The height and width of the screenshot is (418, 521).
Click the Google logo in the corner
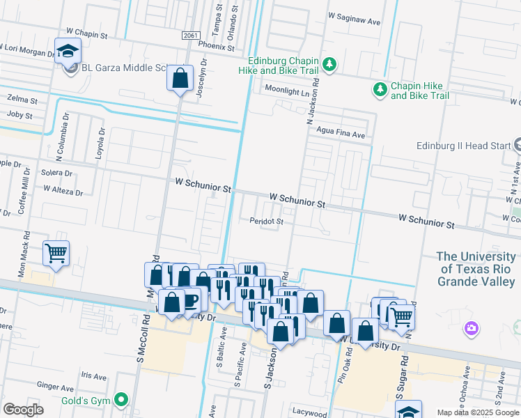pyautogui.click(x=23, y=409)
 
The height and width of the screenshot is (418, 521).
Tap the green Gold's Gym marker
pyautogui.click(x=123, y=400)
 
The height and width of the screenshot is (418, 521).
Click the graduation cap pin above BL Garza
pyautogui.click(x=68, y=51)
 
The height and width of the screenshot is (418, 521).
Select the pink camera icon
pyautogui.click(x=472, y=328)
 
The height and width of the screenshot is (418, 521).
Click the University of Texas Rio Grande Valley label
pyautogui.click(x=478, y=268)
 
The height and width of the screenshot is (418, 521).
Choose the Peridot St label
pyautogui.click(x=267, y=222)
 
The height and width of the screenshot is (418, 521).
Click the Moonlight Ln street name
pyautogui.click(x=286, y=90)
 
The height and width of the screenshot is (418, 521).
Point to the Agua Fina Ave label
pyautogui.click(x=340, y=134)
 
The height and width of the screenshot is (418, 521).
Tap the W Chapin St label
pyautogui.click(x=87, y=33)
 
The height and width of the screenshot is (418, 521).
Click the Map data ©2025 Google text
pyautogui.click(x=477, y=412)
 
